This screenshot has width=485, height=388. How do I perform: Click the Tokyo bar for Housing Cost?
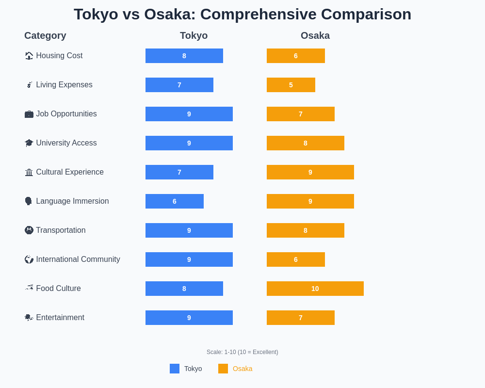click(184, 56)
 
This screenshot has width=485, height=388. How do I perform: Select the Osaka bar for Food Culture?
click(315, 289)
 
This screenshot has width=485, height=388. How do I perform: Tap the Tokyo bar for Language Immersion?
click(175, 201)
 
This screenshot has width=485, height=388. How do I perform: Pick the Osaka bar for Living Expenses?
click(291, 85)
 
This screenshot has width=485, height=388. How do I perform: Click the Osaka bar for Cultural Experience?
click(310, 172)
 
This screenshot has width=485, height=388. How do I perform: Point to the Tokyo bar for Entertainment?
click(189, 318)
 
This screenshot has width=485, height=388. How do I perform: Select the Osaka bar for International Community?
click(296, 259)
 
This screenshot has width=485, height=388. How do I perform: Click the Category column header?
click(45, 35)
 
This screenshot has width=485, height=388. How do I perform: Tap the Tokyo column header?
click(194, 35)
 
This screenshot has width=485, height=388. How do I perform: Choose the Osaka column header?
click(315, 35)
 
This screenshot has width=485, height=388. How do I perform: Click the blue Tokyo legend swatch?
click(175, 369)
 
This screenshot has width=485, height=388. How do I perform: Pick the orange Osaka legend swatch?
click(223, 369)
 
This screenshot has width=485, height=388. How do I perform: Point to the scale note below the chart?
click(242, 352)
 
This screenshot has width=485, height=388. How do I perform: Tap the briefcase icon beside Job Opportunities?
click(29, 114)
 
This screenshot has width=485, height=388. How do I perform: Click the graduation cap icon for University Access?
click(29, 143)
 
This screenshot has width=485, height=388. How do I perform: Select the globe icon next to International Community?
click(29, 259)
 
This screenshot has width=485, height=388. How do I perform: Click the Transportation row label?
click(61, 230)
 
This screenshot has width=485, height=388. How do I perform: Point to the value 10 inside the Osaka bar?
click(315, 289)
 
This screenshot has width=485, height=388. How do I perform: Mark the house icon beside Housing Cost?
click(29, 56)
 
